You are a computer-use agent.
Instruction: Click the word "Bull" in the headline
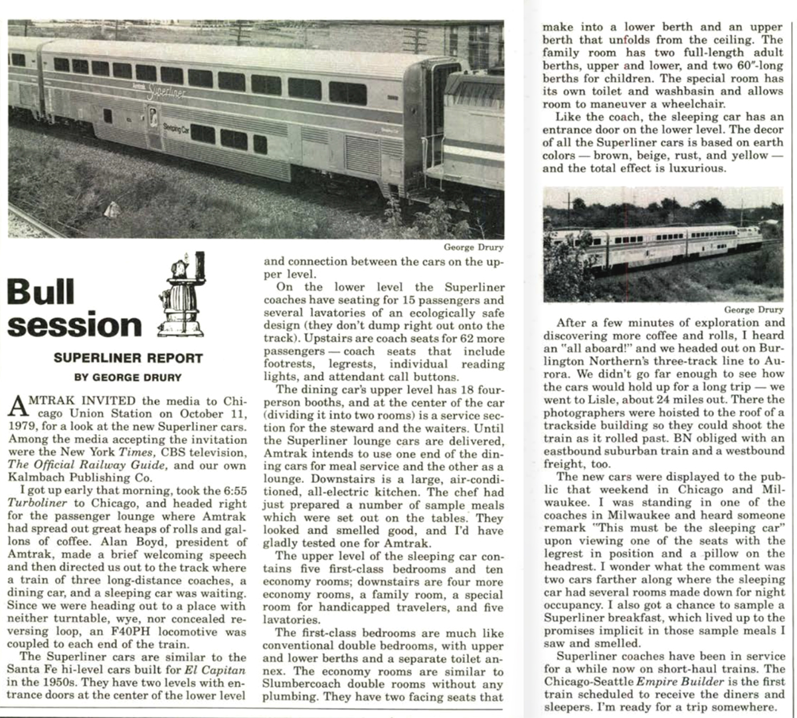(41, 291)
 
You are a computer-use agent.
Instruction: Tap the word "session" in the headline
(75, 325)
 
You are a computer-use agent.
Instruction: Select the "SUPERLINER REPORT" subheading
(128, 358)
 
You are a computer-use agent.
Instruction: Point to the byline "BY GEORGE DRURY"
(128, 378)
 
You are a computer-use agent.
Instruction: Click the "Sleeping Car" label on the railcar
(175, 129)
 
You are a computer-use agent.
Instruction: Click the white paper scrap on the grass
(112, 209)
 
